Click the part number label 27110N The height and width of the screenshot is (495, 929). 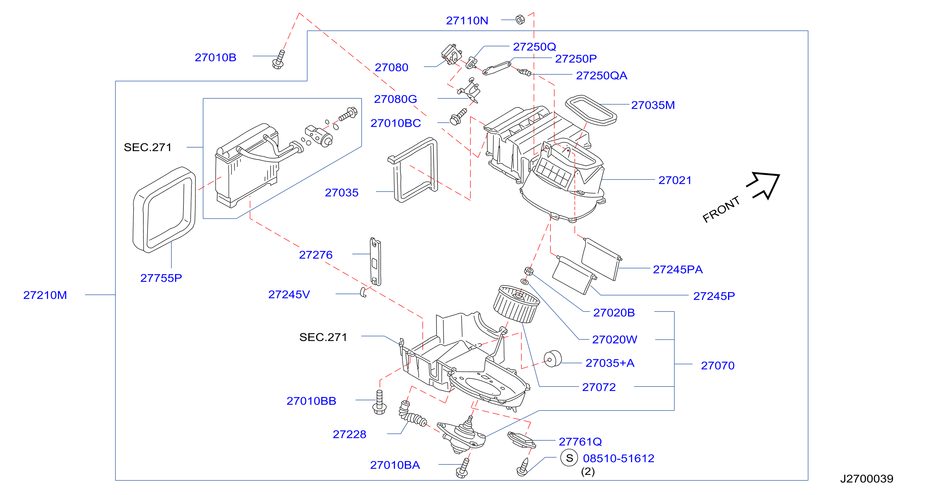[x=467, y=21]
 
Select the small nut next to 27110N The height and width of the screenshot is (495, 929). [x=520, y=19]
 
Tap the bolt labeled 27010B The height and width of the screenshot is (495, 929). [x=278, y=59]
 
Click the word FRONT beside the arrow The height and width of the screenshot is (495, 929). [x=721, y=209]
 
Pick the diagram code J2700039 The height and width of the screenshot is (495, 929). [x=867, y=479]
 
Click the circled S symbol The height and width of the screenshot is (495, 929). [x=569, y=458]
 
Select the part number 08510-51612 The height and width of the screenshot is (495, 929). [x=618, y=458]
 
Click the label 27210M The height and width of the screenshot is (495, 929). [x=45, y=295]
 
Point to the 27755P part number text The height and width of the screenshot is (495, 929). [x=161, y=278]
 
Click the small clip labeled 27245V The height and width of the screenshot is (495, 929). [x=364, y=292]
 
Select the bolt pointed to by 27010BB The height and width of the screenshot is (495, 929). [x=379, y=402]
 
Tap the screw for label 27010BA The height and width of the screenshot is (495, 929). [x=463, y=468]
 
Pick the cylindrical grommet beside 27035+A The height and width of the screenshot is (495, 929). [x=552, y=359]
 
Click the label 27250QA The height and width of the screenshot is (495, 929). [x=602, y=75]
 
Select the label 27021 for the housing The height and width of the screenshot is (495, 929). [x=675, y=180]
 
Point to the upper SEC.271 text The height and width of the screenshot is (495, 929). [x=148, y=147]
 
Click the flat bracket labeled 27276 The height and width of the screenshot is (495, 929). [x=375, y=262]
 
